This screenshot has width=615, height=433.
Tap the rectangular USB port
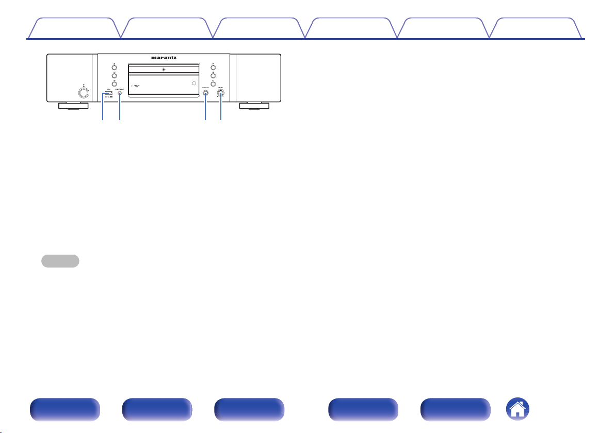pos(107,93)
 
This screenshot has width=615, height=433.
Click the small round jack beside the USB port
pos(120,93)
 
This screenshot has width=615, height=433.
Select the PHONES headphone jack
pos(206,93)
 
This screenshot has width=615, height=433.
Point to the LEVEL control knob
pos(221,93)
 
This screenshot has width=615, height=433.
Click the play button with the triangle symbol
pos(213,66)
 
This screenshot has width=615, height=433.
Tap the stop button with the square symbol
pos(213,75)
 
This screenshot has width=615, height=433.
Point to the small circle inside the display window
pos(193,83)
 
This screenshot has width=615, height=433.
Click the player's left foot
pos(72,107)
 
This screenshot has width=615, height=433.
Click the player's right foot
pos(254,107)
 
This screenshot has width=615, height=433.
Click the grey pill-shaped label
pos(61,261)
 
